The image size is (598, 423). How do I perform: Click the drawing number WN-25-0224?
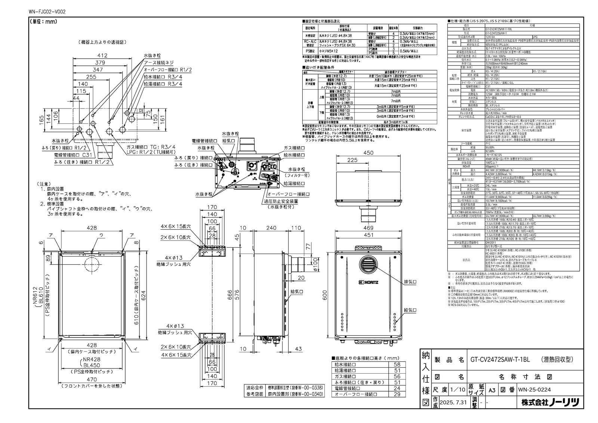tap(534, 389)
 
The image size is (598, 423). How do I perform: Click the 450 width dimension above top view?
tap(369, 153)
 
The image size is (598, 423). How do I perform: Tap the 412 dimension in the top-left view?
tap(102, 56)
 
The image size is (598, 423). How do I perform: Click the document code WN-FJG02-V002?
tap(47, 12)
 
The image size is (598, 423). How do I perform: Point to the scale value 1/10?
tap(458, 389)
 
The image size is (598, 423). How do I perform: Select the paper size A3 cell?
tap(492, 389)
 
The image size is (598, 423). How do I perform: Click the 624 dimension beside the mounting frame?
tap(143, 294)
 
